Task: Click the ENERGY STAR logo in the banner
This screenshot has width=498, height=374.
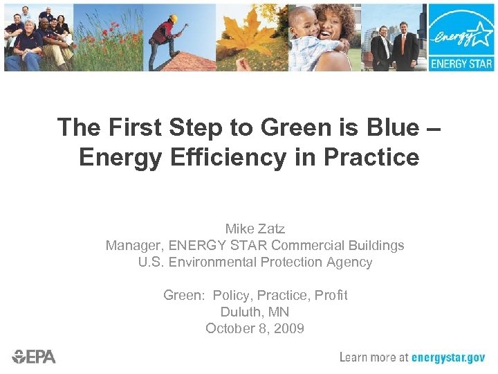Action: click(x=461, y=37)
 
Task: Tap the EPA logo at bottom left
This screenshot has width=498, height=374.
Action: click(x=34, y=357)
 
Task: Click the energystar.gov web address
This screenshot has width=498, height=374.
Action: click(x=448, y=357)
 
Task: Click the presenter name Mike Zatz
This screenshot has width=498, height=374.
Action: click(x=255, y=229)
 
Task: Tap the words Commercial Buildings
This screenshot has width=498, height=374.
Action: click(x=338, y=245)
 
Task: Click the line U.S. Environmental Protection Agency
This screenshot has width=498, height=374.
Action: click(x=255, y=262)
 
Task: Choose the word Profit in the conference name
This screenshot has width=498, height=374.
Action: click(x=331, y=295)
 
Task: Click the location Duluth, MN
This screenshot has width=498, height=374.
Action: click(x=255, y=312)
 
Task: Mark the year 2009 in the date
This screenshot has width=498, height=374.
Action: click(x=290, y=328)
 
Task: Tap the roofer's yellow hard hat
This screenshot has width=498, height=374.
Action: click(x=174, y=19)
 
